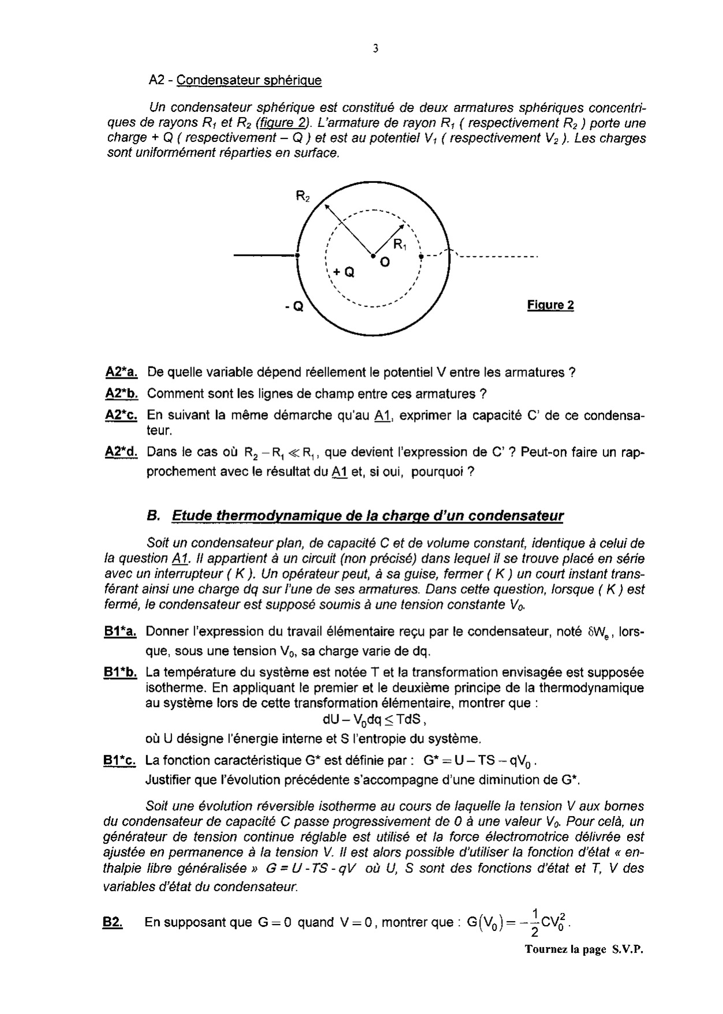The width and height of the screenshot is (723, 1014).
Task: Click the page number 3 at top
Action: point(375,49)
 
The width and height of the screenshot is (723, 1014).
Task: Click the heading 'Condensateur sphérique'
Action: point(249,80)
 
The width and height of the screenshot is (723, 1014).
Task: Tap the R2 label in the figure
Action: point(303,196)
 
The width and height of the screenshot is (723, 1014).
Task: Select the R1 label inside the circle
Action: point(400,245)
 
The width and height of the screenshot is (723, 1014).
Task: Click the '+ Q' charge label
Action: point(343,272)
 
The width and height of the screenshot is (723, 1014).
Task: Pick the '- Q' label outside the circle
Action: point(294,307)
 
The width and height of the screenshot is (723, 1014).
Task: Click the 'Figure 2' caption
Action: point(550,305)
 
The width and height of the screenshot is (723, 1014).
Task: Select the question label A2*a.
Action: point(121,373)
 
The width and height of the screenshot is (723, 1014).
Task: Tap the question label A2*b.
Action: point(121,394)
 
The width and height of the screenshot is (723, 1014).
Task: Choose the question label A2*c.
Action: point(121,416)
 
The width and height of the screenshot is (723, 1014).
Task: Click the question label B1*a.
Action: point(120,633)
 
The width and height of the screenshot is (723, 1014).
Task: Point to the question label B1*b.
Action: point(120,672)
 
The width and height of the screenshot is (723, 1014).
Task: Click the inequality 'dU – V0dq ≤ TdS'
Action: point(375,720)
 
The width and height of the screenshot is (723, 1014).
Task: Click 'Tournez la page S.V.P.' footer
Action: point(584,949)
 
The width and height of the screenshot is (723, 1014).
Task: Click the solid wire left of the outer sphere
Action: point(264,255)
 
